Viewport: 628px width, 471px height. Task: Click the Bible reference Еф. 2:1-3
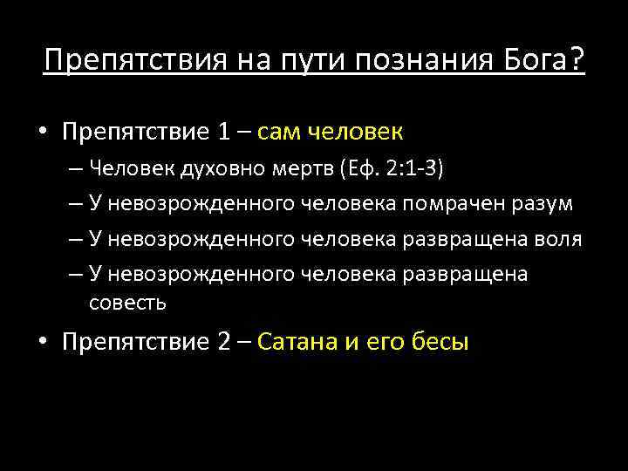click(399, 167)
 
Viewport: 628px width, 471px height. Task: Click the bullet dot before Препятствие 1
click(43, 133)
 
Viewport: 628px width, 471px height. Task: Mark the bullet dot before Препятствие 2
click(43, 343)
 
